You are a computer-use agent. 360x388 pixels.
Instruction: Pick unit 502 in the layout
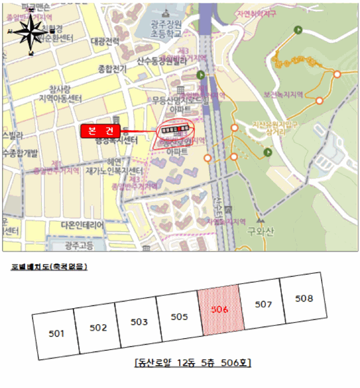click(98, 328)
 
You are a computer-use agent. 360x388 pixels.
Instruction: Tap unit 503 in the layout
click(139, 322)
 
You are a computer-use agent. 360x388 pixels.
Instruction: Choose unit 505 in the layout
click(180, 316)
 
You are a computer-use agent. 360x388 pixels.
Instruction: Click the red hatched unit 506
click(220, 310)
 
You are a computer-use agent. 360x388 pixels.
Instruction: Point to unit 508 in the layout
click(303, 299)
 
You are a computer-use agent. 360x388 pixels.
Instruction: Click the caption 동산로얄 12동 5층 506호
click(192, 364)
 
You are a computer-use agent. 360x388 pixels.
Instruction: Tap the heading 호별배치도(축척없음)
click(49, 267)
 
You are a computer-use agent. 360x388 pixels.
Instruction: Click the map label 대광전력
click(105, 42)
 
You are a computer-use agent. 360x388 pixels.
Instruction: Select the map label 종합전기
click(112, 69)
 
